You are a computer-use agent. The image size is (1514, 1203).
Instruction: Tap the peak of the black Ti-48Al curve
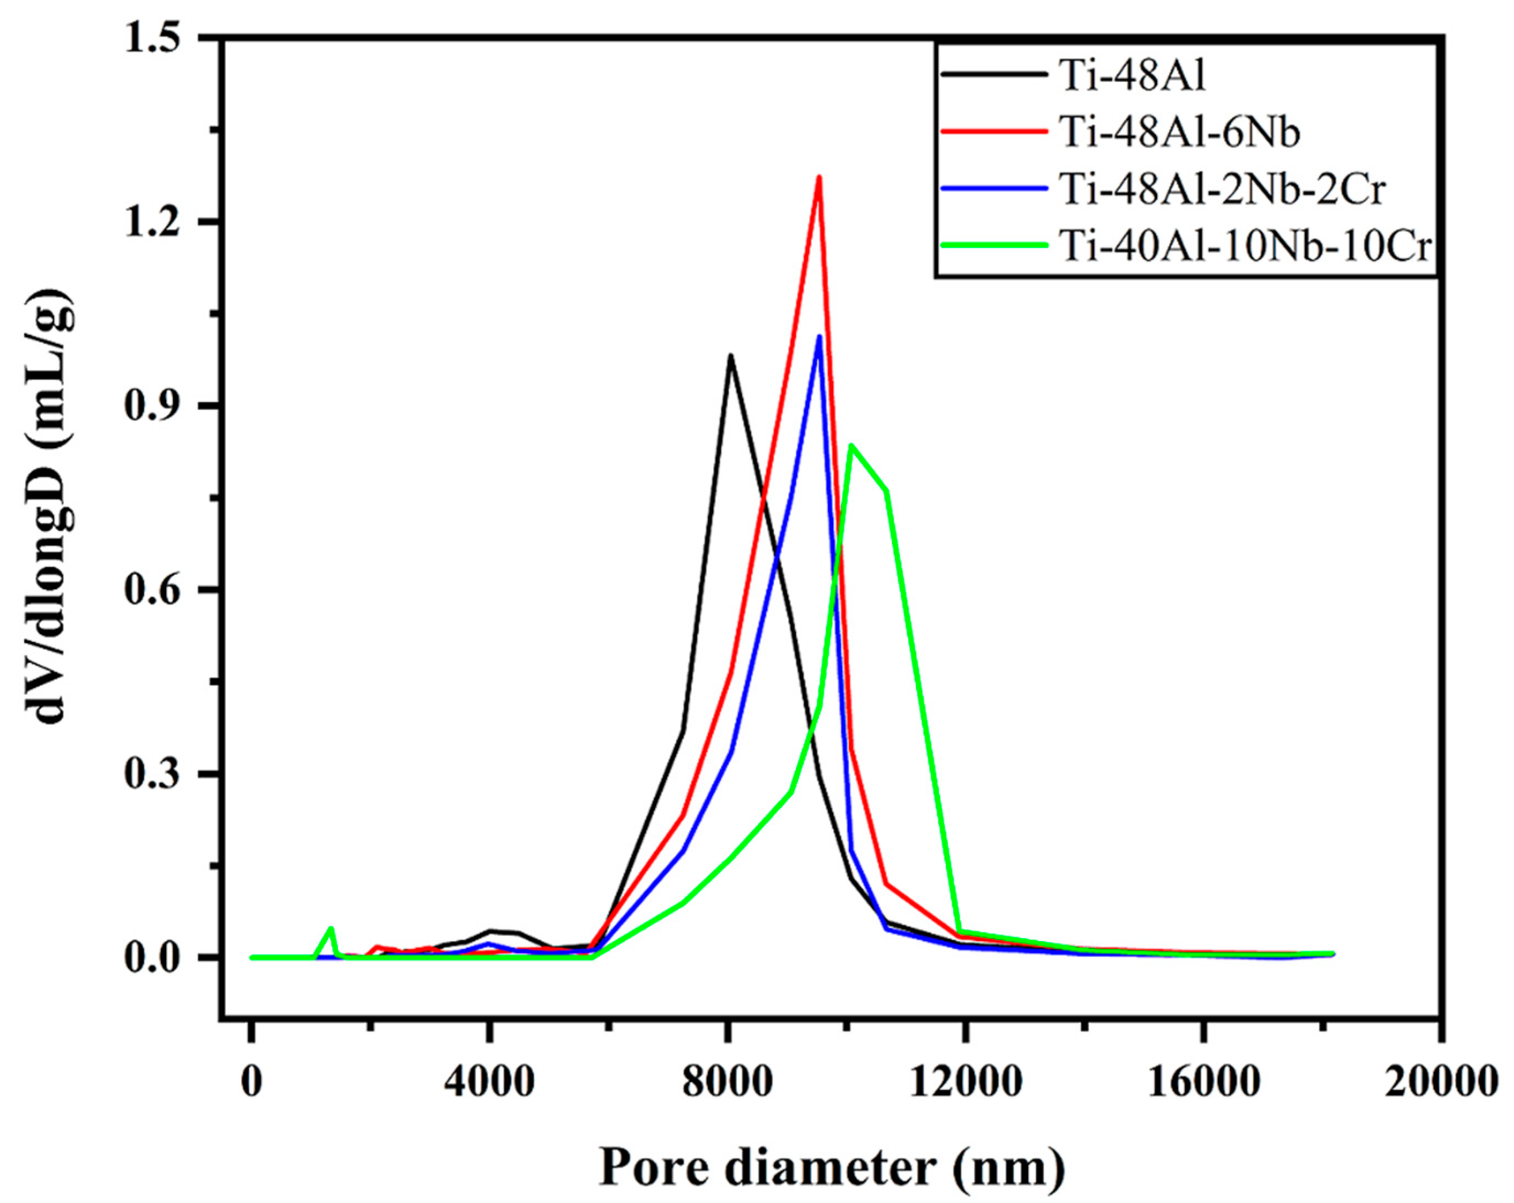click(730, 356)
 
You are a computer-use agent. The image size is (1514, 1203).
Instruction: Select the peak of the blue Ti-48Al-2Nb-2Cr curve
click(819, 337)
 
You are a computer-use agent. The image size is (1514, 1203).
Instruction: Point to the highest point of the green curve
click(851, 445)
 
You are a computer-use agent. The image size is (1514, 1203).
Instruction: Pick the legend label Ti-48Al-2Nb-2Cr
click(1222, 190)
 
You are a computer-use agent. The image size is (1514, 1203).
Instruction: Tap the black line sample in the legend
click(994, 74)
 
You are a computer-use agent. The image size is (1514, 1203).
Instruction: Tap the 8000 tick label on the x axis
click(728, 1083)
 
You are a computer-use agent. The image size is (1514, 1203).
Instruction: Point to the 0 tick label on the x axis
click(251, 1083)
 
